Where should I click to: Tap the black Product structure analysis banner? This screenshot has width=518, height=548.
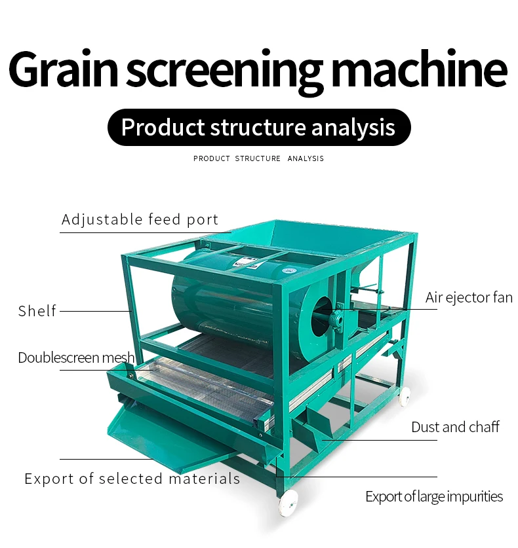click(258, 127)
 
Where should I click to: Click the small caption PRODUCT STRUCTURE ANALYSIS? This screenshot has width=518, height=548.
click(258, 158)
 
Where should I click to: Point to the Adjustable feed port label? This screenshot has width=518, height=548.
click(140, 219)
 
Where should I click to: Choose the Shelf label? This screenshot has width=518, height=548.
click(37, 311)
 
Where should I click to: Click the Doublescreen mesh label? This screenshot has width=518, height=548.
click(76, 357)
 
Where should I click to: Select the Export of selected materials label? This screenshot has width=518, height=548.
click(132, 479)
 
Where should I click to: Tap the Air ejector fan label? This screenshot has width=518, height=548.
click(469, 297)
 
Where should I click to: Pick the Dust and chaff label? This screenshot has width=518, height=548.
click(455, 428)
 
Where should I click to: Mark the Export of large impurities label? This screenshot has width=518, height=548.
click(434, 496)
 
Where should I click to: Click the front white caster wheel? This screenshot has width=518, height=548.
click(287, 502)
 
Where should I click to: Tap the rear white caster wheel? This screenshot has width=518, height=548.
click(405, 395)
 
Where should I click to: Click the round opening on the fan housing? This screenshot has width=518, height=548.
click(322, 316)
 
